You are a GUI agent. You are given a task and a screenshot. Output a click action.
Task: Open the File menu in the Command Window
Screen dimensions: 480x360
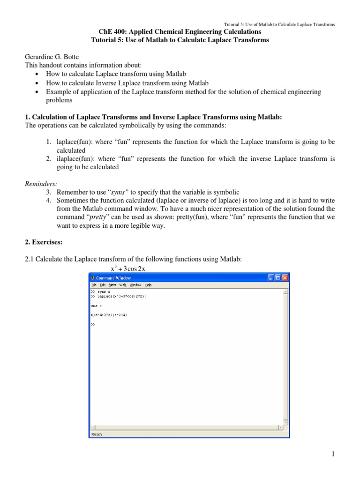tap(94, 285)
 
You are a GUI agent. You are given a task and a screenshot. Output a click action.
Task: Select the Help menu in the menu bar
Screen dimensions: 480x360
tap(148, 285)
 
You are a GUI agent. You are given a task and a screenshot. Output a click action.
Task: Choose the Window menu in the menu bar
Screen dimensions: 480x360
tap(135, 285)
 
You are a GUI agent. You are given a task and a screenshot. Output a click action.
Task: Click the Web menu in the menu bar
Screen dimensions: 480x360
tap(123, 285)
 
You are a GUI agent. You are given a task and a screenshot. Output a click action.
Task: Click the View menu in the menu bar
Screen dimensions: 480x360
tap(112, 285)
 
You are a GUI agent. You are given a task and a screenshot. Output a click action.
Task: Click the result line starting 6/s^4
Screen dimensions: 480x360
tap(109, 315)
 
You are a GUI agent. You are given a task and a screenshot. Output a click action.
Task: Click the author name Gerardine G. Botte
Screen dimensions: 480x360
tap(53, 56)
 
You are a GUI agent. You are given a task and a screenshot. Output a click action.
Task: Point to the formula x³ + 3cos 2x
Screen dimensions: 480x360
tap(128, 269)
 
